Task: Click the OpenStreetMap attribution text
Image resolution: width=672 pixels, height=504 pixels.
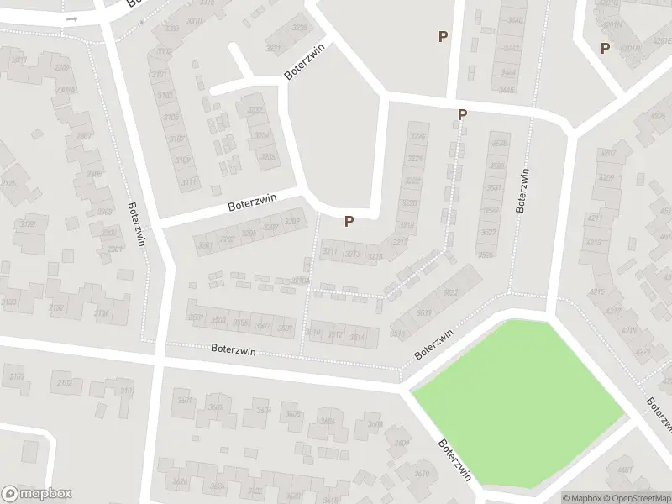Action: (x=638, y=497)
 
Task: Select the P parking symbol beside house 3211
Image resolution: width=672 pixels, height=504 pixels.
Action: (x=349, y=221)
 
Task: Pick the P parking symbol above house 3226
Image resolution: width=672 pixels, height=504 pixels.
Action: (x=461, y=114)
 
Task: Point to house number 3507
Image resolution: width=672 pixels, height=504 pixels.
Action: (x=262, y=326)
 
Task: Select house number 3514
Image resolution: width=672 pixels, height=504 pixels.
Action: (x=356, y=337)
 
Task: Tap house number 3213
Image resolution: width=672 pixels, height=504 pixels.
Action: (x=352, y=255)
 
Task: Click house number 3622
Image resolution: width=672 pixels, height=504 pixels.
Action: (x=450, y=292)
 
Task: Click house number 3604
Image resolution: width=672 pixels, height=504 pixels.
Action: (x=265, y=410)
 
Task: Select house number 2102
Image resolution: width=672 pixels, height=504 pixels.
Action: (x=62, y=382)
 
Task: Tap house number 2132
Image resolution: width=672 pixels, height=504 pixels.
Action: (x=57, y=309)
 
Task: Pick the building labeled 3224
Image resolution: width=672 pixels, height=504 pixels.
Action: (x=414, y=159)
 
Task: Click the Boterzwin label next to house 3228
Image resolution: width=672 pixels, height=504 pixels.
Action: (x=303, y=61)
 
